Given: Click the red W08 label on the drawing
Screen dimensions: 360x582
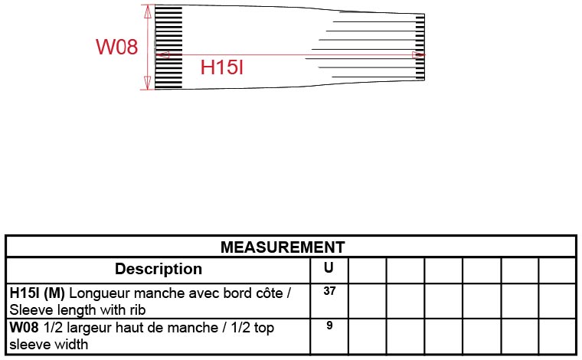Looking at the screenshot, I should coord(116,47).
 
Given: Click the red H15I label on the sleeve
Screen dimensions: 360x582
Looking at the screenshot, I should coord(222,68).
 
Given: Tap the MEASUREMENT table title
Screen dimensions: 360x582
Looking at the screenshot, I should coord(283,247).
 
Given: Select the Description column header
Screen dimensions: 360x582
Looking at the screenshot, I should coord(159,269).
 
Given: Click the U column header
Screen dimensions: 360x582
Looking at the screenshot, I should coord(329,268).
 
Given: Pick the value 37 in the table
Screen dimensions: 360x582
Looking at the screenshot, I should coord(329,291).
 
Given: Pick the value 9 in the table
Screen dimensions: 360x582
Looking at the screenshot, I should coord(329,325).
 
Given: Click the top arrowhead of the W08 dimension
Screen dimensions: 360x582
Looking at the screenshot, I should coord(147,9).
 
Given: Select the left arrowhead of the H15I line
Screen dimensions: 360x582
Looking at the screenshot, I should coord(162,55).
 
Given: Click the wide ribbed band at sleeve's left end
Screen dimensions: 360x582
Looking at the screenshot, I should coord(169,46).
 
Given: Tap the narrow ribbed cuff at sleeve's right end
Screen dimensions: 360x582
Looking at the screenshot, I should coord(420,47).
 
